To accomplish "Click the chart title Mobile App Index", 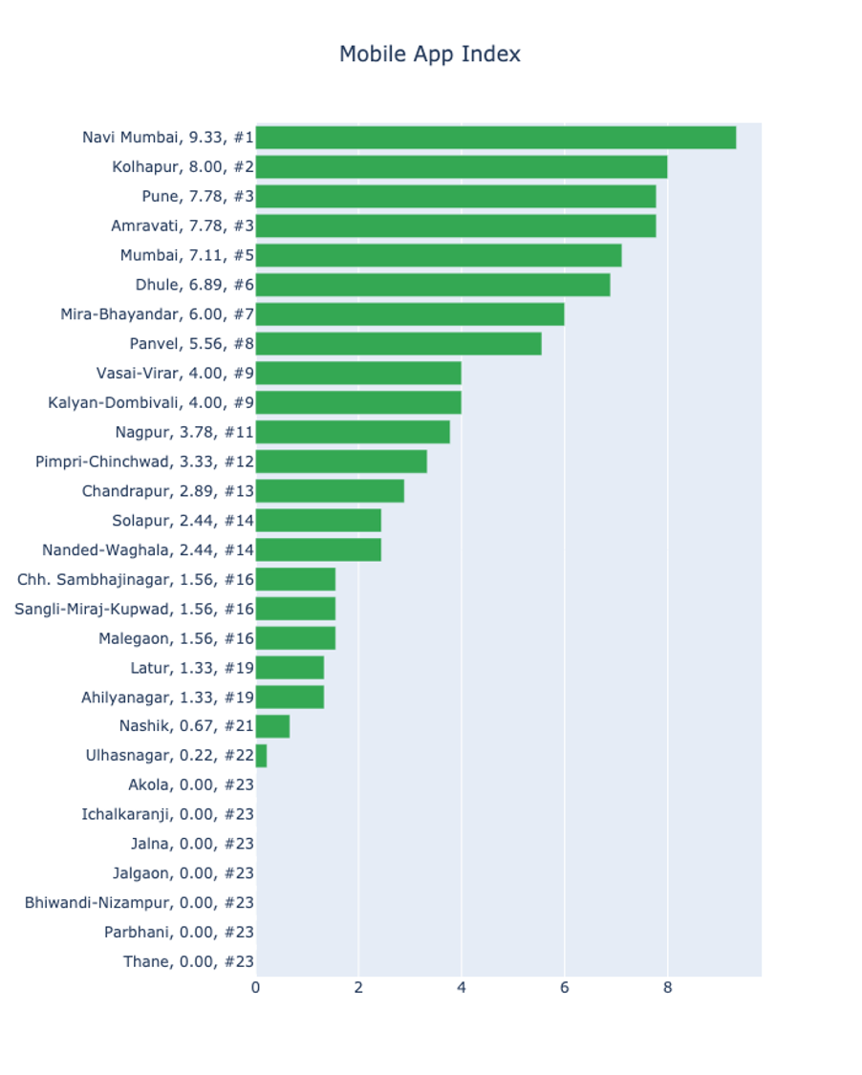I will [x=430, y=54].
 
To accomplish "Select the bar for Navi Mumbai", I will [x=495, y=138].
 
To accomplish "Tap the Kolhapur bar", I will [x=461, y=167].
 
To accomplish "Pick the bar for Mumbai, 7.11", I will [x=438, y=255].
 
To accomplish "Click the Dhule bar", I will [x=432, y=285].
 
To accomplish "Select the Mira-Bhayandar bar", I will [x=409, y=314].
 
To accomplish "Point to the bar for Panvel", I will [x=398, y=344].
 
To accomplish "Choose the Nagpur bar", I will [x=352, y=432].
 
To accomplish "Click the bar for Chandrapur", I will [x=329, y=491].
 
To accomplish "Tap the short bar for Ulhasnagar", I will [x=261, y=756].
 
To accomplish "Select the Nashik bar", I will [x=272, y=726].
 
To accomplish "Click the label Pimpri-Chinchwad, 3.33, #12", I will [x=144, y=462].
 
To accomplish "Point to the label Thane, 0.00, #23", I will [x=188, y=961].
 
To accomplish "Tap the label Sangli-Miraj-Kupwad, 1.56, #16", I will [x=134, y=609].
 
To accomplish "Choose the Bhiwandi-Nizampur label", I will [x=139, y=902].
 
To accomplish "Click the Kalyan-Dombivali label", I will [x=151, y=402].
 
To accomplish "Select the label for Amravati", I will [x=182, y=226].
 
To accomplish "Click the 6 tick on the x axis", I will [x=564, y=988].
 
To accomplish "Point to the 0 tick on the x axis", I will [x=255, y=988].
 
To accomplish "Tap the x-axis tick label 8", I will [x=667, y=988].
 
